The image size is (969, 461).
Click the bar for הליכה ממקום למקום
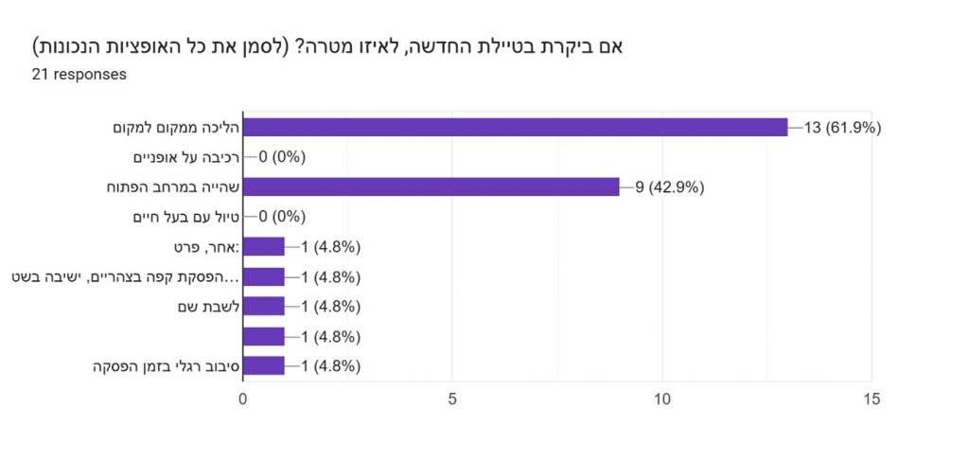pos(516,127)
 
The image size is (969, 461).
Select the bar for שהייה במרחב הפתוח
pos(432,186)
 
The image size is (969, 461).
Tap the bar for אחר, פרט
pos(264,246)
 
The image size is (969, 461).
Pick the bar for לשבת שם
pos(264,306)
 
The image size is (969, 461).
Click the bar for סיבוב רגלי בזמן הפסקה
pos(264,365)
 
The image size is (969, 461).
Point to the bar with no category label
pos(264,336)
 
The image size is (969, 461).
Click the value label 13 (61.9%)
pos(842,128)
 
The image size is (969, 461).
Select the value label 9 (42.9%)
pos(670,187)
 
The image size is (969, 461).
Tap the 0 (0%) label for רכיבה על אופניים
pos(282,157)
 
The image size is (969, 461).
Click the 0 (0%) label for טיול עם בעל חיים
pos(282,217)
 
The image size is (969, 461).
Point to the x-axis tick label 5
pos(452,399)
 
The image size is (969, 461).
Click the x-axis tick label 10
pos(662,399)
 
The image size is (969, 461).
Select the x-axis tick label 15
pos(872,399)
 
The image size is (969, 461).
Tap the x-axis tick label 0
pos(243,399)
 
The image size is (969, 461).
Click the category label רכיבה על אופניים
pos(186,157)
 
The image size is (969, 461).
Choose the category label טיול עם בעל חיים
pos(186,217)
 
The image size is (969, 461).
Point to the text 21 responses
pos(79,75)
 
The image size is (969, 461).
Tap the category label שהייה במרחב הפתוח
pos(173,187)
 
